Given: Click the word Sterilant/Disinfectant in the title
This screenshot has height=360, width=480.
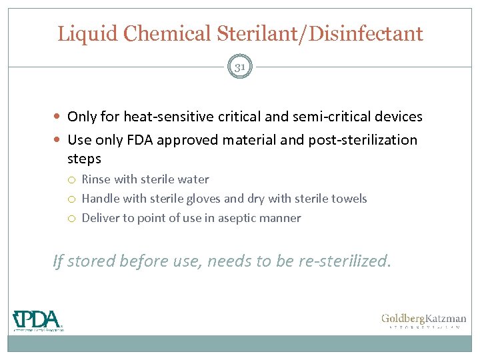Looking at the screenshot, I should (x=323, y=33).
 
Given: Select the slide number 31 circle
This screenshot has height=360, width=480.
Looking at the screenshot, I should (x=240, y=67).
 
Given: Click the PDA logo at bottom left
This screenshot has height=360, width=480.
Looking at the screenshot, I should (x=38, y=320).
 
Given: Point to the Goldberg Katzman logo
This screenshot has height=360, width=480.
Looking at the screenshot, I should (x=423, y=321).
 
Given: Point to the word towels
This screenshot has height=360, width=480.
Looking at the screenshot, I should (x=348, y=199).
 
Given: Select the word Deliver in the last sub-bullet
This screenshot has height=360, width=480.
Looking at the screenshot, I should (x=100, y=218).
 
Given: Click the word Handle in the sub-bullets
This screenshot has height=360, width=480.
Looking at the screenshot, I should (x=100, y=199).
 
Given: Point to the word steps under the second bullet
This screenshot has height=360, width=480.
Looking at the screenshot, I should (x=84, y=159).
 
